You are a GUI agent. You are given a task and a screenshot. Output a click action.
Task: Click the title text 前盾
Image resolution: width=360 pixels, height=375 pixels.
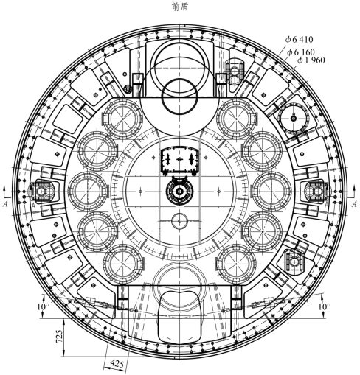point(180,7)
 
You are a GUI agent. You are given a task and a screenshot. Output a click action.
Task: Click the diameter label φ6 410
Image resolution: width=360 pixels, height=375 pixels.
point(299,39)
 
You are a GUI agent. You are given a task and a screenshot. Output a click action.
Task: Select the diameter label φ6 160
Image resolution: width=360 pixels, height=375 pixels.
point(301,52)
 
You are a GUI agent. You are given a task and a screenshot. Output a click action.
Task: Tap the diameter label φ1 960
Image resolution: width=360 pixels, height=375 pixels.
point(311,60)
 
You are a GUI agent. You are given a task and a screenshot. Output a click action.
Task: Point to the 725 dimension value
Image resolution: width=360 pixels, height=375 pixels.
point(59,336)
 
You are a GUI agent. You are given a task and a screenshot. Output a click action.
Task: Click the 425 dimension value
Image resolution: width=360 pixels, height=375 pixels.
point(117,363)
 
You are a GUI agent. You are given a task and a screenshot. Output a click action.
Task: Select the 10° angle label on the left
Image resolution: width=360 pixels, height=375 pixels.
point(43,306)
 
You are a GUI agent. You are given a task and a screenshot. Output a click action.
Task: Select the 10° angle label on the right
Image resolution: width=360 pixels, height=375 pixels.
point(325,306)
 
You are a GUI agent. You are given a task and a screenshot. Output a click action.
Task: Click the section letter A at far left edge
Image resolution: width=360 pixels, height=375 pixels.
point(5,203)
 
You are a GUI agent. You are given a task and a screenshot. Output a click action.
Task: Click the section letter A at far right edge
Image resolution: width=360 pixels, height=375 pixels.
point(354,204)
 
